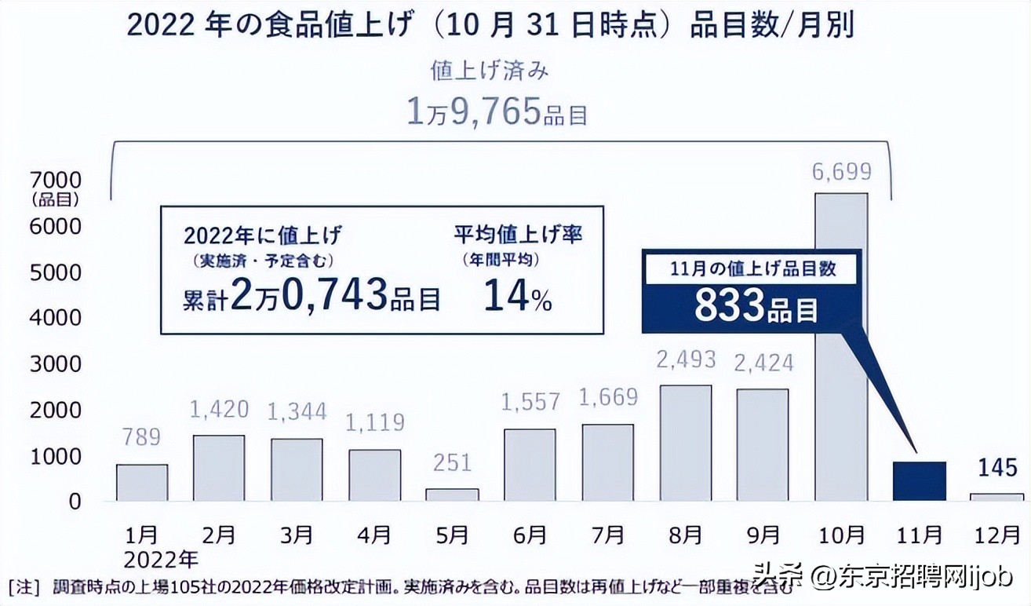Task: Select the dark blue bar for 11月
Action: tap(919, 480)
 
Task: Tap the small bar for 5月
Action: tap(452, 495)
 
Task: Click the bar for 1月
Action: tap(142, 482)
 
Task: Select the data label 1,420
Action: tap(219, 409)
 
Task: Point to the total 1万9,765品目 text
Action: tap(497, 113)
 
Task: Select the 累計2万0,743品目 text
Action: tap(311, 298)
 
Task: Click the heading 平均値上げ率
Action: tap(519, 234)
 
